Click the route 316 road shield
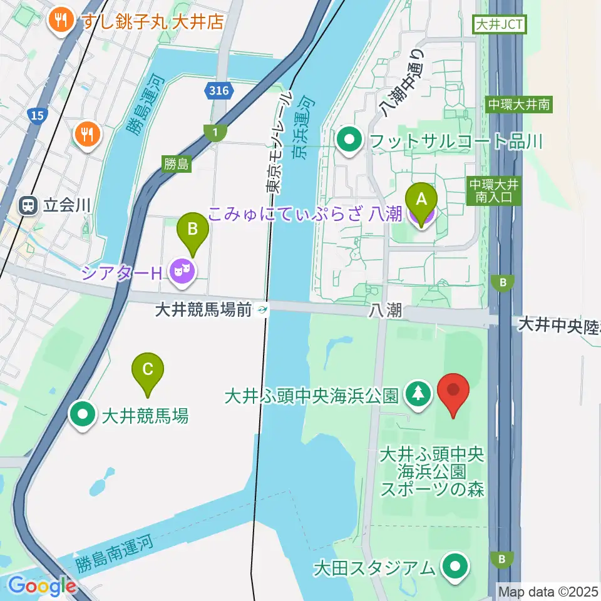coord(218,91)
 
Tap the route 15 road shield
coord(37,115)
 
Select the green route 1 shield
coord(215,132)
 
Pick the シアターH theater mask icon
coord(182,271)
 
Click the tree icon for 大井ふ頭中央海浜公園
coord(416,394)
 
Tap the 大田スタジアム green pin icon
coord(455,567)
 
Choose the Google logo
coord(43,587)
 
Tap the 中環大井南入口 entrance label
coord(493,190)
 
